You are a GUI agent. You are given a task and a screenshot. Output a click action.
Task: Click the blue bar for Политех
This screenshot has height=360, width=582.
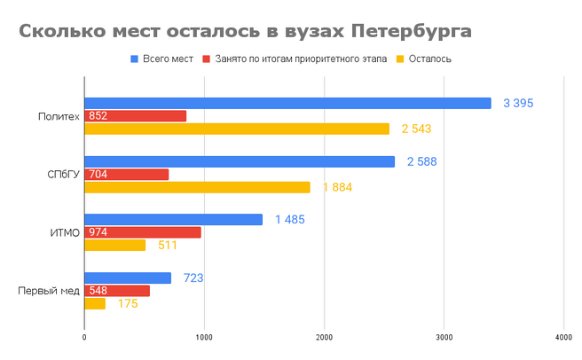pos(287,103)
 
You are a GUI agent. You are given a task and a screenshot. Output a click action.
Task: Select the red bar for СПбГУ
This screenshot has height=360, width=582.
pos(126,174)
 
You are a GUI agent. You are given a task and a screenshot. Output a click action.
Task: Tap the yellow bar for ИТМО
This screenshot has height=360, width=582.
pos(114,245)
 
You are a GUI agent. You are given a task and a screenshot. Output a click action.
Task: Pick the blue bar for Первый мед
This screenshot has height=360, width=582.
pos(128,278)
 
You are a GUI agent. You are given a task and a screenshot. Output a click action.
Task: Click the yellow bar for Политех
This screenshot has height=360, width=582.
pos(237,129)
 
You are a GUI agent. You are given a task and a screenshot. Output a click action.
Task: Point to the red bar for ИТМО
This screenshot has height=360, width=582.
pos(143,232)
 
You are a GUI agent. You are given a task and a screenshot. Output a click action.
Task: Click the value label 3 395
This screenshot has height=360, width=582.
pos(517,104)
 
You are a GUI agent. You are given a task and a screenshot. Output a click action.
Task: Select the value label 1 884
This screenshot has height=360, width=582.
pos(337,187)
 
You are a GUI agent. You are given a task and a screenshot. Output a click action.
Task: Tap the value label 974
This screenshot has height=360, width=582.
pos(98,232)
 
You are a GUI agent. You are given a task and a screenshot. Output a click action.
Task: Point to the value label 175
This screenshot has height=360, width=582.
pos(128,304)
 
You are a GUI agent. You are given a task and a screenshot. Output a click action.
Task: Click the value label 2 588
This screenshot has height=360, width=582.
pos(421,161)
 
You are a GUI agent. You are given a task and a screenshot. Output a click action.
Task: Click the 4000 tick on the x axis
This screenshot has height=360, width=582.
pos(563,337)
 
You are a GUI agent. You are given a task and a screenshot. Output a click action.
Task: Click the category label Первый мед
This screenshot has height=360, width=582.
pos(49,291)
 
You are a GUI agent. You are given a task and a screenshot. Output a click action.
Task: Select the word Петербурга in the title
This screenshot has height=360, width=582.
pos(411,32)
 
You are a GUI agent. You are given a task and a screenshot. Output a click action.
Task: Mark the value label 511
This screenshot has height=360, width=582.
pos(166,246)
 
